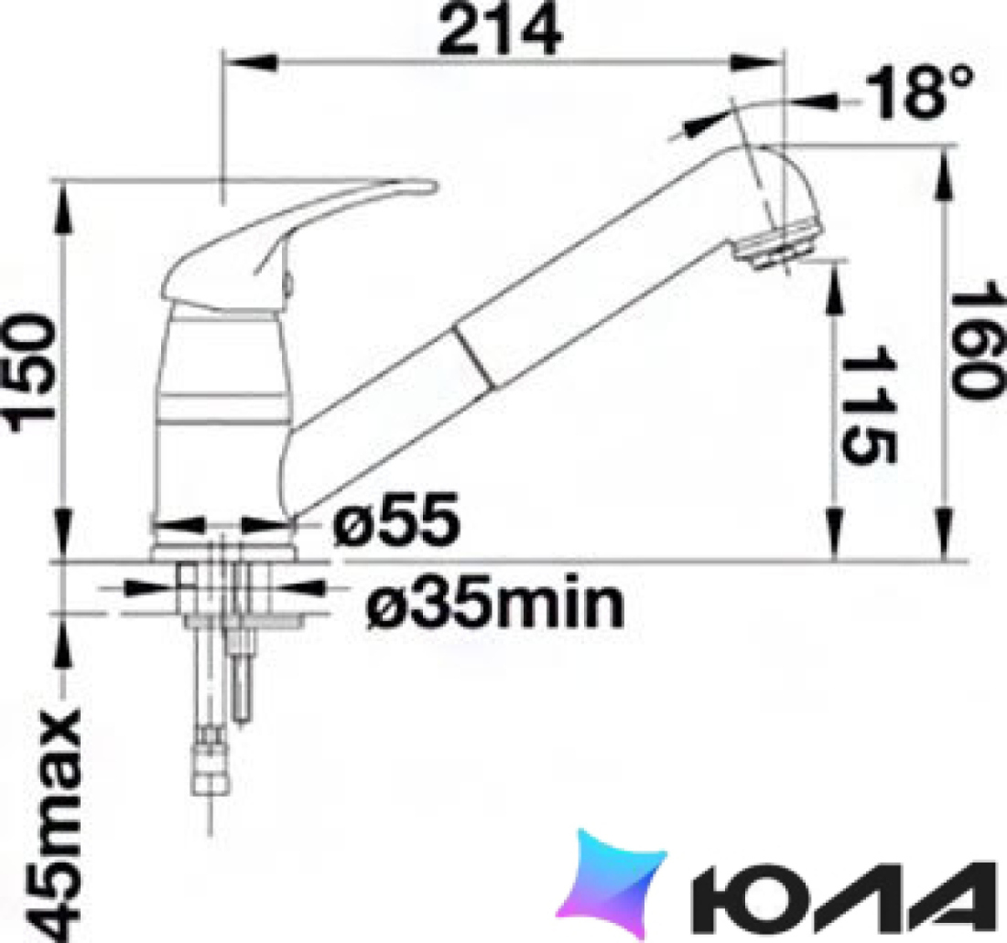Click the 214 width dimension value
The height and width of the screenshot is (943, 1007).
coord(499,30)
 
